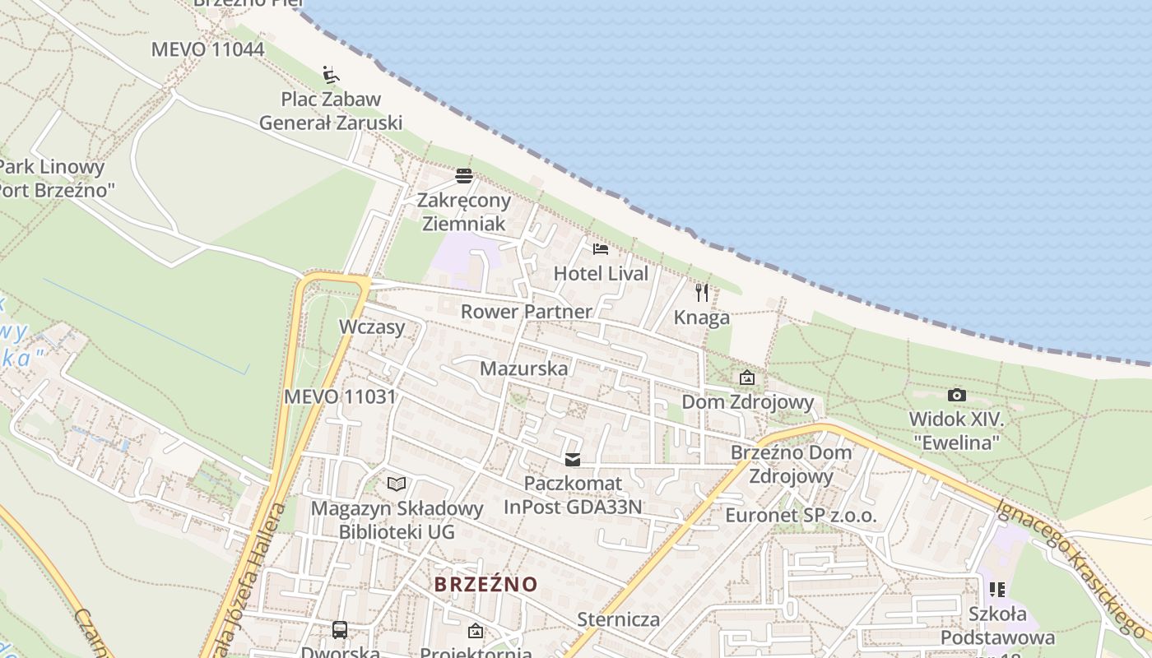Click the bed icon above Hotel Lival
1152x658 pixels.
pyautogui.click(x=601, y=248)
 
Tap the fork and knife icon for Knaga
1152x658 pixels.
pyautogui.click(x=702, y=293)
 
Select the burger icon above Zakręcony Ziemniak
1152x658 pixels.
pyautogui.click(x=464, y=175)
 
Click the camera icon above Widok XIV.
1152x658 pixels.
pyautogui.click(x=956, y=395)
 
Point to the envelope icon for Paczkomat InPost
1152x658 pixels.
pyautogui.click(x=573, y=460)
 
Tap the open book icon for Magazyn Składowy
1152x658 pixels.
pyautogui.click(x=397, y=484)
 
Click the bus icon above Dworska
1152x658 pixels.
pyautogui.click(x=340, y=630)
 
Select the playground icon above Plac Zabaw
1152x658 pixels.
pyautogui.click(x=331, y=75)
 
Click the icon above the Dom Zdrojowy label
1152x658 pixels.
pyautogui.click(x=747, y=378)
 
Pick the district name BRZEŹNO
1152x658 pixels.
pyautogui.click(x=485, y=585)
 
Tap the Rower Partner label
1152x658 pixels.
pyautogui.click(x=526, y=312)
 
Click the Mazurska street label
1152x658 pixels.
pyautogui.click(x=523, y=368)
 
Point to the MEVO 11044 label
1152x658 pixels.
pyautogui.click(x=207, y=49)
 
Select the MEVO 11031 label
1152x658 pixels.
pyautogui.click(x=340, y=396)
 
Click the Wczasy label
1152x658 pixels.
pyautogui.click(x=372, y=327)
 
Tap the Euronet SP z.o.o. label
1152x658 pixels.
pyautogui.click(x=801, y=516)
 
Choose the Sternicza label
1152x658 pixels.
pyautogui.click(x=619, y=619)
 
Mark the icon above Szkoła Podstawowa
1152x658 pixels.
pyautogui.click(x=997, y=590)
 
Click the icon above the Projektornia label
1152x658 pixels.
pyautogui.click(x=475, y=631)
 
